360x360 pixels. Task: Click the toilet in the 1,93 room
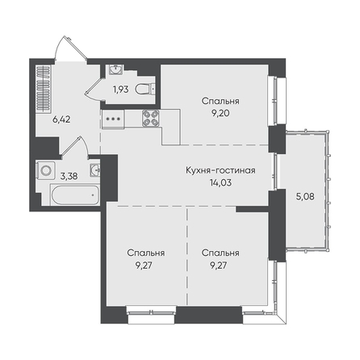(x=145, y=90)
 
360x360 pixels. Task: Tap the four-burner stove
(x=150, y=118)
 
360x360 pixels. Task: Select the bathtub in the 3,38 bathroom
(x=74, y=195)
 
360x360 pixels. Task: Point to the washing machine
(x=46, y=170)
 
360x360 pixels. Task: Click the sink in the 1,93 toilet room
(x=116, y=69)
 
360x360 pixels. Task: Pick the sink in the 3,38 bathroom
(x=95, y=170)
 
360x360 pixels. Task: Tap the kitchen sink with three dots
(x=113, y=118)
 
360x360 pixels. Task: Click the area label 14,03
(x=220, y=182)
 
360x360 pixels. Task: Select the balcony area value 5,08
(x=305, y=196)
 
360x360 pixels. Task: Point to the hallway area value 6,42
(x=61, y=119)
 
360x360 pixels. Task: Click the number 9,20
(x=220, y=113)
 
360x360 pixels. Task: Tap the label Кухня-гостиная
(x=220, y=170)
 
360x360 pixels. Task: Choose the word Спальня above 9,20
(x=220, y=101)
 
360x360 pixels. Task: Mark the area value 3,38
(x=69, y=176)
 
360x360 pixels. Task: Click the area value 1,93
(x=121, y=90)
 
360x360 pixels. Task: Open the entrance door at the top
(x=70, y=48)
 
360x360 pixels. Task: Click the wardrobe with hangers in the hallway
(x=44, y=88)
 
